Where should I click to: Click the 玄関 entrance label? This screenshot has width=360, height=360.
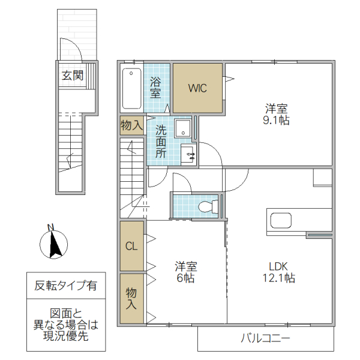tap(71, 76)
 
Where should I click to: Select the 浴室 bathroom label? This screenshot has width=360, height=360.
tap(155, 88)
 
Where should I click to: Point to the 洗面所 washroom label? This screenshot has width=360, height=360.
tap(161, 141)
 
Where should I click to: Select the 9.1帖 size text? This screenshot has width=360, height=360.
tap(277, 120)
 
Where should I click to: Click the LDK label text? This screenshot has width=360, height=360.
tap(278, 266)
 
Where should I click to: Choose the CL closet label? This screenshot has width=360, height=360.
tap(130, 245)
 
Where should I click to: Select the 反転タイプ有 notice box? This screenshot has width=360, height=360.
tap(66, 286)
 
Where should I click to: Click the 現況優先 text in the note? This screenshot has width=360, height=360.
tap(66, 337)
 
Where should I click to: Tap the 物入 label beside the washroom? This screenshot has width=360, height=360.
tap(131, 125)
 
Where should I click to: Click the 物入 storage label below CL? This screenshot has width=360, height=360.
tap(131, 298)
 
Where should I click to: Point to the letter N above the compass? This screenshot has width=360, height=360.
tap(52, 227)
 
